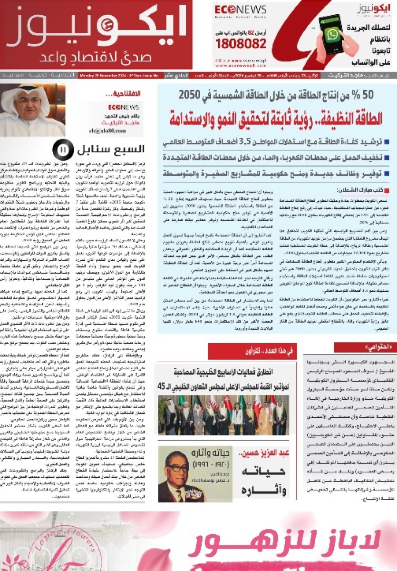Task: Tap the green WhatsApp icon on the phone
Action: coord(333,34)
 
